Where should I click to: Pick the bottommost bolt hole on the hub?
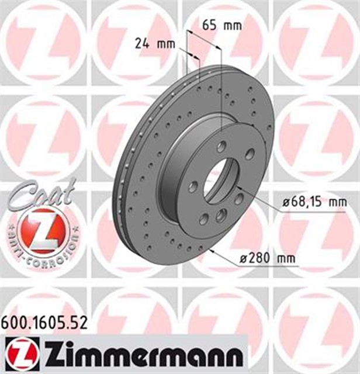(204, 219)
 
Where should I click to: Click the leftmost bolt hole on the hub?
(193, 186)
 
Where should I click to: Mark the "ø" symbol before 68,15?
(286, 202)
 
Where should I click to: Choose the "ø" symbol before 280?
(244, 258)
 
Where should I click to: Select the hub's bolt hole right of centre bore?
(239, 198)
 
